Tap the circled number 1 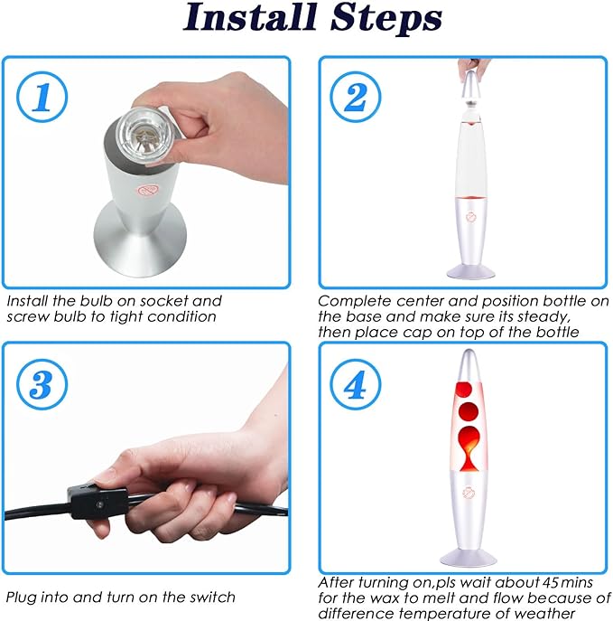[42, 97]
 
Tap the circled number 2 [356, 97]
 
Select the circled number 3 [42, 384]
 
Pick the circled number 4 [356, 384]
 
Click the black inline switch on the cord [98, 501]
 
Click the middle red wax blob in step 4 [469, 411]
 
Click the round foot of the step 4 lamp [469, 558]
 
